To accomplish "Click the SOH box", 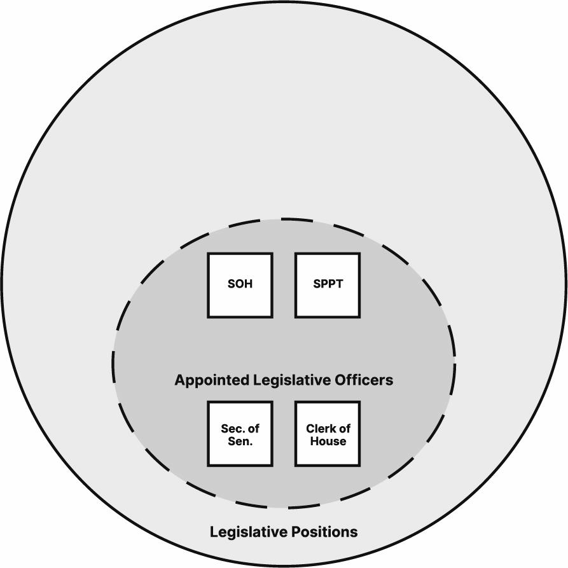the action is pyautogui.click(x=240, y=285).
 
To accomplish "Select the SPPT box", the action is pyautogui.click(x=328, y=285).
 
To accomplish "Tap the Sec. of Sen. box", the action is pyautogui.click(x=240, y=434).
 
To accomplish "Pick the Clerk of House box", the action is pyautogui.click(x=328, y=434).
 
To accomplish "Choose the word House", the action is pyautogui.click(x=328, y=441).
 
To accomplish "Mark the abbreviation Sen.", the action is pyautogui.click(x=240, y=441).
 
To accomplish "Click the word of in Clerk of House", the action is pyautogui.click(x=345, y=429).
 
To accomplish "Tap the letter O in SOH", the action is pyautogui.click(x=240, y=284).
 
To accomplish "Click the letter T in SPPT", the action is pyautogui.click(x=339, y=284).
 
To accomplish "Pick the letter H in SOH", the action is pyautogui.click(x=248, y=284).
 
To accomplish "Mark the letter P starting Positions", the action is pyautogui.click(x=299, y=532).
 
